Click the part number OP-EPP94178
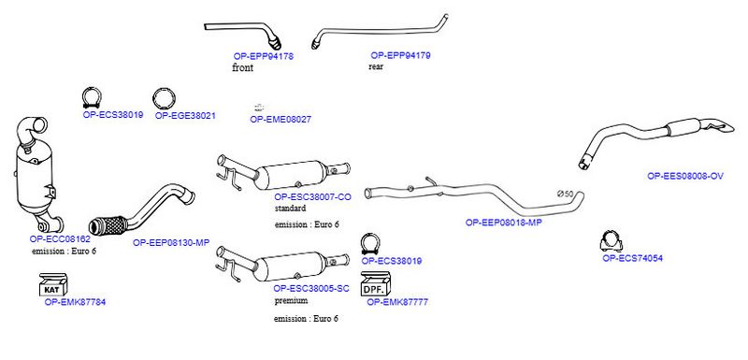click(x=264, y=56)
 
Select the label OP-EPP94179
click(x=401, y=55)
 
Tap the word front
click(x=243, y=67)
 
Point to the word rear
click(x=376, y=66)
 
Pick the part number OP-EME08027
click(x=280, y=120)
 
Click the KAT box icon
click(x=53, y=284)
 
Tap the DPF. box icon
click(x=376, y=283)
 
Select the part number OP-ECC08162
click(x=60, y=238)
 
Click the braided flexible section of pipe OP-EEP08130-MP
click(x=108, y=225)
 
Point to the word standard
click(x=290, y=209)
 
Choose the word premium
click(x=291, y=301)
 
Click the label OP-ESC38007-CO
click(x=313, y=197)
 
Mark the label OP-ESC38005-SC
click(x=311, y=289)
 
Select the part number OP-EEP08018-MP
click(x=504, y=223)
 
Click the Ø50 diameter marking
click(x=566, y=194)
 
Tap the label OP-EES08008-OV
click(x=685, y=176)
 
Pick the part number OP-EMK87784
click(x=76, y=302)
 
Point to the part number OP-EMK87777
click(x=397, y=302)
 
